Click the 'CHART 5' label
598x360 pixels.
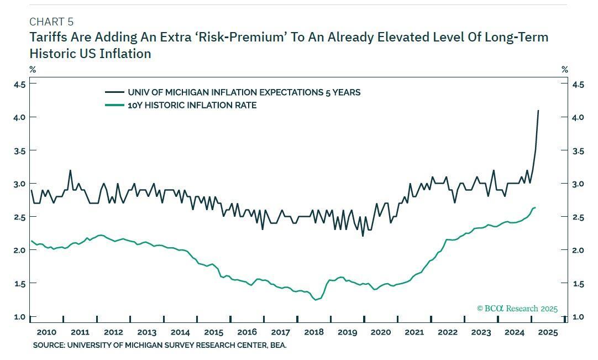[51, 22]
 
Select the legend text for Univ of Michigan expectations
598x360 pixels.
[244, 92]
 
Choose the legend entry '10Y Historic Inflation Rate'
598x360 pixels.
[192, 105]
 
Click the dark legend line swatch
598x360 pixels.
[114, 92]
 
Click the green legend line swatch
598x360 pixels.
[114, 105]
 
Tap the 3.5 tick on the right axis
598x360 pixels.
[578, 150]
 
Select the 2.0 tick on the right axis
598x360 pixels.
[578, 251]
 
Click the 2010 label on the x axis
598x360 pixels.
[46, 332]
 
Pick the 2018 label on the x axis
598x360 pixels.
[314, 332]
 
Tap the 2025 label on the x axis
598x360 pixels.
[548, 332]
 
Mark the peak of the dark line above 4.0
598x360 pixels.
[538, 111]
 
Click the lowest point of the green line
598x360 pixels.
[316, 300]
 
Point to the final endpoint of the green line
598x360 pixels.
[535, 207]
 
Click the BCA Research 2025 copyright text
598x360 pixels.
[517, 309]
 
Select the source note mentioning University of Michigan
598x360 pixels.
[160, 345]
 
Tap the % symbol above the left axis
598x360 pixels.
[33, 70]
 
